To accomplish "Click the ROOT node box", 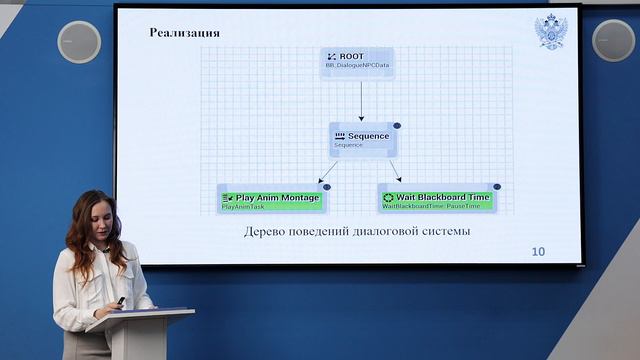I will [357, 61].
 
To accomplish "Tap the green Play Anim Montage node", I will [271, 198].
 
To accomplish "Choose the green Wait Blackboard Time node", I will [436, 198].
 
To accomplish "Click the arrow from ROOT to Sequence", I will [361, 100].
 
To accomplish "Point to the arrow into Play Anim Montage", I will [328, 171].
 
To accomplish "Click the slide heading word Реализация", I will [185, 33].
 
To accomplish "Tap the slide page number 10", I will [538, 251].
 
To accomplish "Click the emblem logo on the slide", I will [549, 32].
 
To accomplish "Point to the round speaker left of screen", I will [79, 42].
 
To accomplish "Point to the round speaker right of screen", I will [613, 40].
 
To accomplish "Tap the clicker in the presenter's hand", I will [121, 301].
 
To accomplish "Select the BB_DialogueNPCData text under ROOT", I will [357, 66].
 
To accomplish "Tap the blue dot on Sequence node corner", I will [397, 126].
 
